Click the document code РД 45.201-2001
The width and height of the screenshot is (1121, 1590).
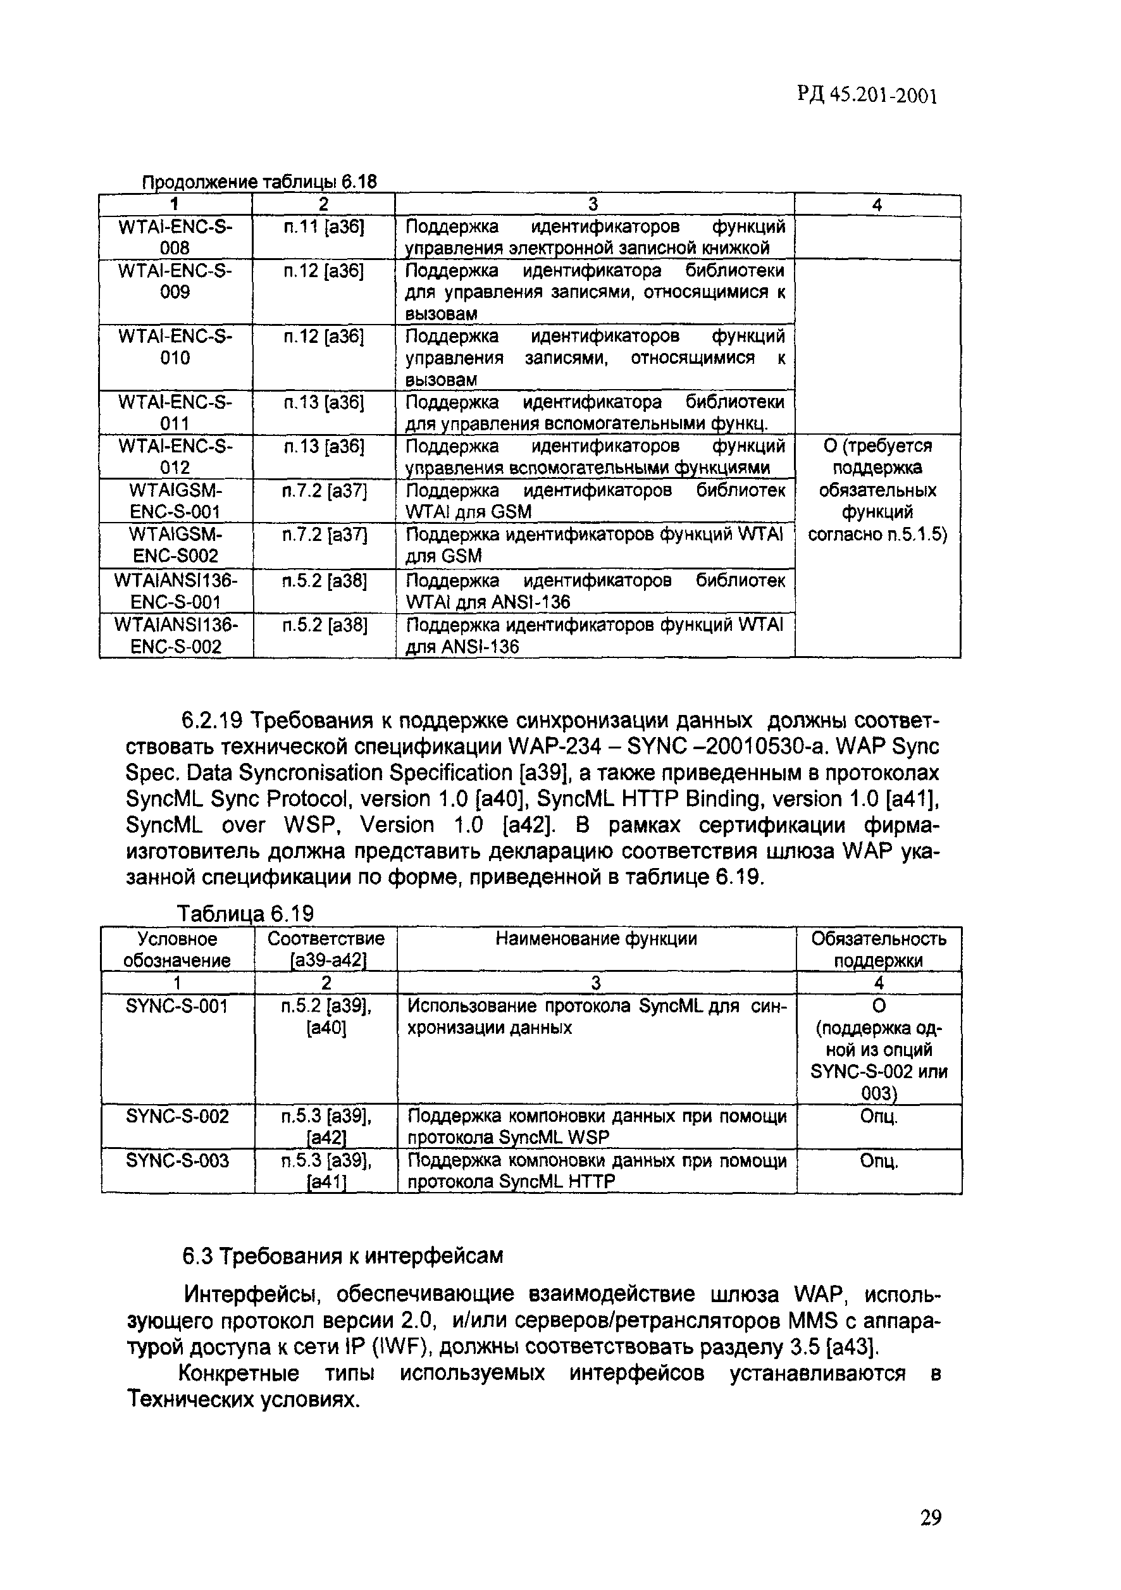coord(867,96)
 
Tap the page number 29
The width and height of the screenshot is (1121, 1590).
coord(931,1518)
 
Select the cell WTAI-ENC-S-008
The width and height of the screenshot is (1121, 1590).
coord(175,237)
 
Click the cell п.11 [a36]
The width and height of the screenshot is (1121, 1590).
coord(323,228)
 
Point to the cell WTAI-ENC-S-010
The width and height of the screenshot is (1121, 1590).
coord(175,347)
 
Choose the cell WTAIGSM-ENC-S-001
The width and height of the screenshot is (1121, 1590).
coord(175,500)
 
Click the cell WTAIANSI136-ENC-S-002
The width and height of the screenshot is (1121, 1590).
coord(176,636)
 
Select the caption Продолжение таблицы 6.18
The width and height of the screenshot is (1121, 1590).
coord(259,182)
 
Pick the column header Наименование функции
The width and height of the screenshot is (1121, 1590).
coord(596,938)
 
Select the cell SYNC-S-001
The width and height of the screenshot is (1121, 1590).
coord(177,1005)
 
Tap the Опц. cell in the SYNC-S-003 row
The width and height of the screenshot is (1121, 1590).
coord(879,1160)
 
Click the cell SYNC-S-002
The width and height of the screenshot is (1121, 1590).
coord(177,1116)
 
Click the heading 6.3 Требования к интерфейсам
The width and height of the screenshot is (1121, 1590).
coord(342,1255)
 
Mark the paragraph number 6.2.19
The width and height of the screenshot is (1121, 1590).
coord(211,721)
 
